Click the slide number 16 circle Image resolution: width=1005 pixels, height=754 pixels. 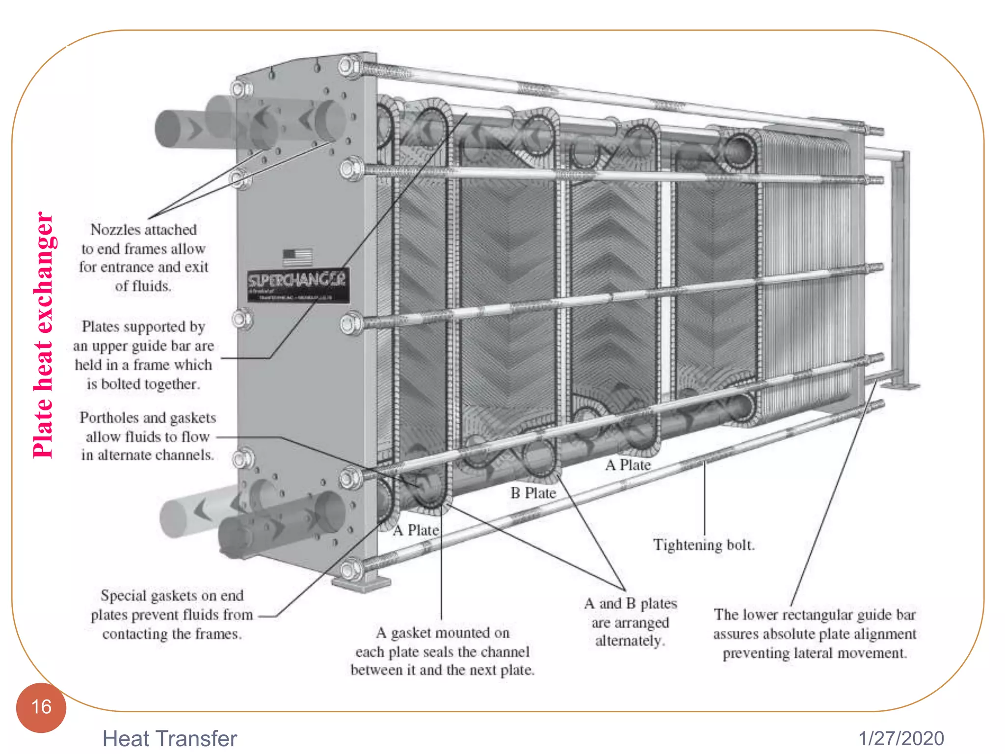click(x=41, y=707)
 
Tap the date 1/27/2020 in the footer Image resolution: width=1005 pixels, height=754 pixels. click(x=901, y=738)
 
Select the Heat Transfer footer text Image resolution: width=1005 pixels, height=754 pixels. click(x=169, y=738)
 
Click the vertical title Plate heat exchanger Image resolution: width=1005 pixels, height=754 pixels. click(x=43, y=335)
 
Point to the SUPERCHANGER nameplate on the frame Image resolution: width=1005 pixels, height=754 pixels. click(x=298, y=284)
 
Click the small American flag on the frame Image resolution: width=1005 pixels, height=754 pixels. click(x=297, y=257)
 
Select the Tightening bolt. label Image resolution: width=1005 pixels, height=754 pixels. click(x=704, y=545)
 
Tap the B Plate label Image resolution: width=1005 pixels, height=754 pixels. click(x=533, y=493)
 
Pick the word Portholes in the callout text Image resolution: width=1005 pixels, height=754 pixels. click(x=109, y=418)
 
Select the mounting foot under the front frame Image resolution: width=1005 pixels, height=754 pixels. click(x=361, y=584)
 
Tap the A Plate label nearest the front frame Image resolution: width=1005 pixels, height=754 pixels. click(x=416, y=530)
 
